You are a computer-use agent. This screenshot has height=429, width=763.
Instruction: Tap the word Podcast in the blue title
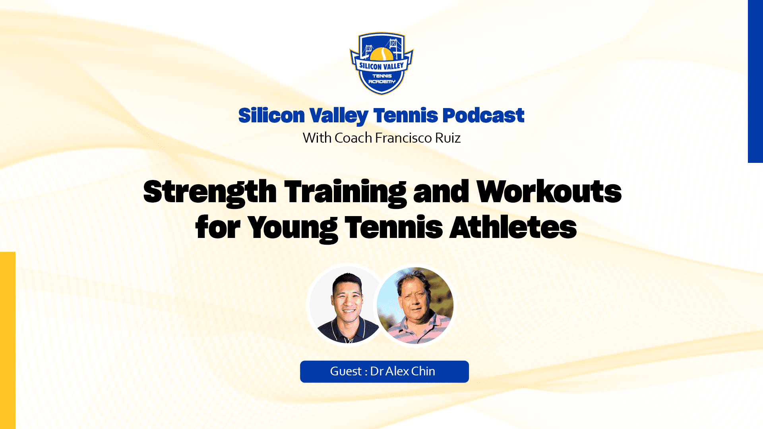(x=483, y=116)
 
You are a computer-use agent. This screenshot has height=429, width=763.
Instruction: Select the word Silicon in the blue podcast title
(x=271, y=116)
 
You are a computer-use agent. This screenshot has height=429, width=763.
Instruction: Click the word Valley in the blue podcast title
(x=339, y=116)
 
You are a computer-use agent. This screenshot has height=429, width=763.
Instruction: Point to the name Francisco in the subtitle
(x=403, y=138)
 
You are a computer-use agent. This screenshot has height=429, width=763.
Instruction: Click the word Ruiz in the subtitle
(x=448, y=138)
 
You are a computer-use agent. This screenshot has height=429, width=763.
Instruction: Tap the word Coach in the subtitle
(x=353, y=138)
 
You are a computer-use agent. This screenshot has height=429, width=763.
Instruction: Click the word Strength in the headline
(x=210, y=192)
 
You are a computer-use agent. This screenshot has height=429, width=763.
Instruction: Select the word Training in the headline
(x=345, y=192)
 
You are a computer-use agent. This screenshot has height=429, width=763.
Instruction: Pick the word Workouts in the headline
(x=549, y=191)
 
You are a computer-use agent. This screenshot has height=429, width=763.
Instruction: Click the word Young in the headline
(x=292, y=228)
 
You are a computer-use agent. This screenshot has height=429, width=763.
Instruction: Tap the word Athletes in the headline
(x=513, y=227)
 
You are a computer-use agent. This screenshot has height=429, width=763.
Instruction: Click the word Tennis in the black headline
(x=393, y=227)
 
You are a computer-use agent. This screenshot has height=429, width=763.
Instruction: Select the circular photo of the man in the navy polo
(x=347, y=305)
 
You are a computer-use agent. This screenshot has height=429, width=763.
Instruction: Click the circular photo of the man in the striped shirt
(x=415, y=305)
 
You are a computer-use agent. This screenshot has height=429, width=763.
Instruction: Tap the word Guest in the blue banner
(x=345, y=371)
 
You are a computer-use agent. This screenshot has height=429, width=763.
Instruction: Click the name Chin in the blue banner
(x=423, y=371)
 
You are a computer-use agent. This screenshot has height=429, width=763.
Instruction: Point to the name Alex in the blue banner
(x=397, y=371)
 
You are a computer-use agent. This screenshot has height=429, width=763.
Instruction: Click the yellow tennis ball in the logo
(x=381, y=54)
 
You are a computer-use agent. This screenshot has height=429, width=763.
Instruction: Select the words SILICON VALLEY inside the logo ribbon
(x=381, y=66)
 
